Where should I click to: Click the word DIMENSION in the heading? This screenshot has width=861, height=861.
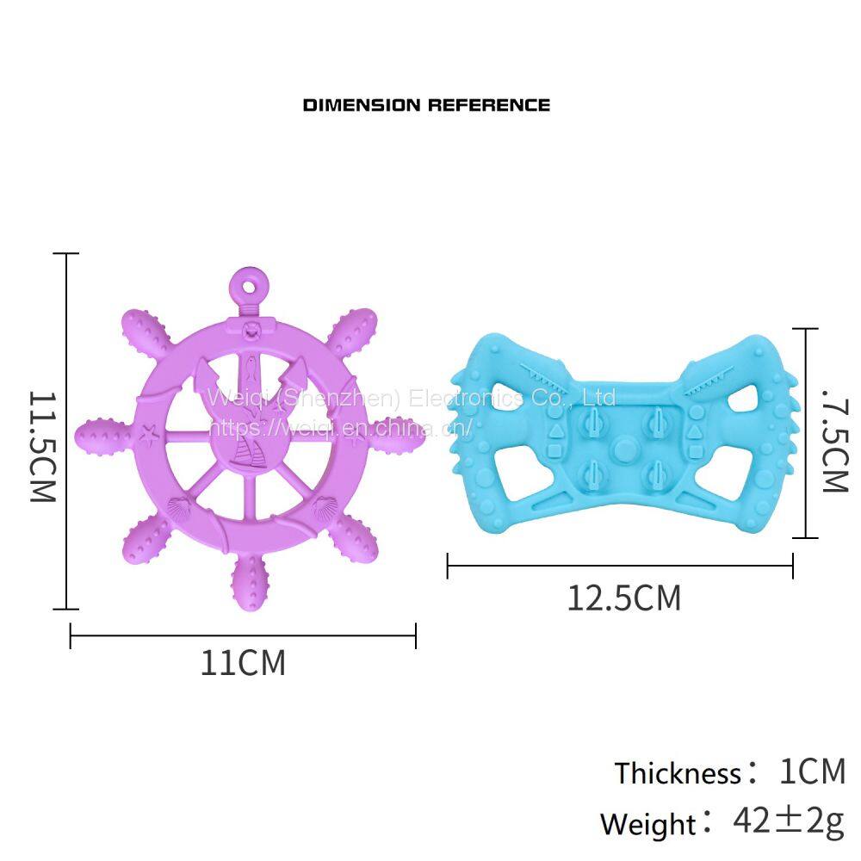tap(362, 105)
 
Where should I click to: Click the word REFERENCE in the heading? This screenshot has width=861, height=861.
tap(489, 105)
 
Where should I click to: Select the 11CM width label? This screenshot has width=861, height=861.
tap(244, 663)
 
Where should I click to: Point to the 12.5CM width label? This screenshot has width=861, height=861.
tap(623, 598)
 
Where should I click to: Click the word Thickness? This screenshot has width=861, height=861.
tap(678, 773)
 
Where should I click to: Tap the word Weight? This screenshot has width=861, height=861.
tap(648, 824)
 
